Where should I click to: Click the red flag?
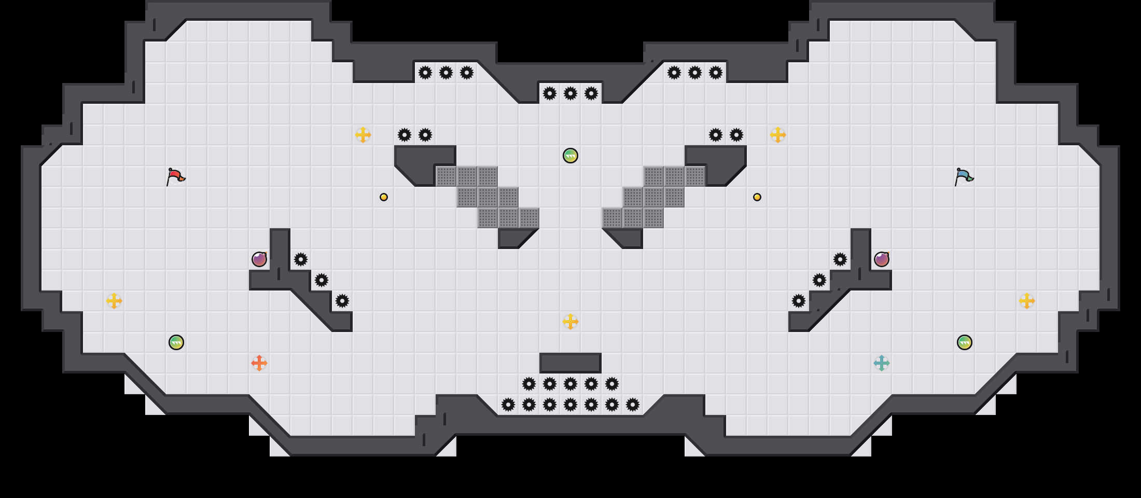tap(175, 176)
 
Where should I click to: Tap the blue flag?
tap(964, 176)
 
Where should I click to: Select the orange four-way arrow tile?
tap(259, 363)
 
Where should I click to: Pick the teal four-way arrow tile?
tap(882, 363)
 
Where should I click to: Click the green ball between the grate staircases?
tap(570, 156)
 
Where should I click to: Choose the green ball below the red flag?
tap(176, 342)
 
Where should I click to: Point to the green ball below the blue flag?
tap(965, 342)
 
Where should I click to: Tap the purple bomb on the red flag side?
tap(259, 259)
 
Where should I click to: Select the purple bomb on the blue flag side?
tap(882, 259)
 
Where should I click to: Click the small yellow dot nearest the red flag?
tap(384, 197)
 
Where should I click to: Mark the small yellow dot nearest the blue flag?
tap(757, 197)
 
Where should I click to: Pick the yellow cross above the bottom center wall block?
tap(570, 322)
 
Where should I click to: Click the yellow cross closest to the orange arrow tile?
tap(114, 301)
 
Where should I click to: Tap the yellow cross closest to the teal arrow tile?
tap(1027, 301)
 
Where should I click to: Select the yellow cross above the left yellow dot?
tap(363, 135)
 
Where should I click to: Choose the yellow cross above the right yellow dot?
tap(778, 135)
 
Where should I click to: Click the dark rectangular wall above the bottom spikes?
tap(570, 363)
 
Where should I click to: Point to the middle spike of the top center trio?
tap(570, 93)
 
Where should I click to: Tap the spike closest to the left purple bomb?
tap(301, 259)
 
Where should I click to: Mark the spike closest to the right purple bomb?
tap(840, 259)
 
